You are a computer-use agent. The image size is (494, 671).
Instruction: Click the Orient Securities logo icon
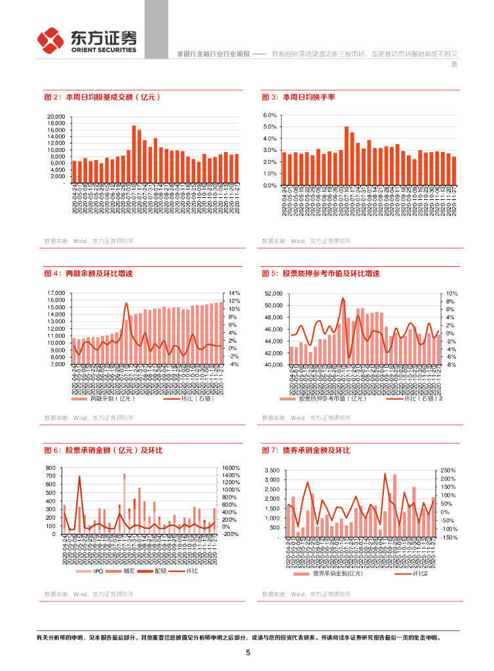[50, 41]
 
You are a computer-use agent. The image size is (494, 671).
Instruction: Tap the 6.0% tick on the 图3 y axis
[271, 115]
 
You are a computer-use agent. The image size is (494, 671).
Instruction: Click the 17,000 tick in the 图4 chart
[55, 293]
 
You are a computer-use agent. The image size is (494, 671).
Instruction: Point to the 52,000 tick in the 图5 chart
[273, 293]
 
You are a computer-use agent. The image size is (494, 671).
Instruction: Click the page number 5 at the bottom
[248, 653]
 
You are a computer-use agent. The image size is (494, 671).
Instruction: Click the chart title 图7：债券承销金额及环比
[306, 450]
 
